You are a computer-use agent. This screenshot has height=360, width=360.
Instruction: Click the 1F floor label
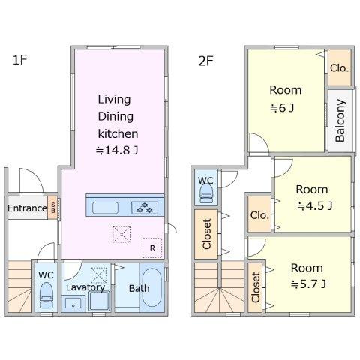(19, 60)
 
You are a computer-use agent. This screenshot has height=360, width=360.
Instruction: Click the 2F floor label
(205, 61)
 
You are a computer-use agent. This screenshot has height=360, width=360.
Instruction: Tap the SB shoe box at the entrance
(52, 208)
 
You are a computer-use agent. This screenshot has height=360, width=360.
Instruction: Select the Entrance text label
(27, 208)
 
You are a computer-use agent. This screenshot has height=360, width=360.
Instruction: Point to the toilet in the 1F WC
(46, 295)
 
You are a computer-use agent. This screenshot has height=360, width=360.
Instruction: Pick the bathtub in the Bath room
(152, 287)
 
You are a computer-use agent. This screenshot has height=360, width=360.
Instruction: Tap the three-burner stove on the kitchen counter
(145, 208)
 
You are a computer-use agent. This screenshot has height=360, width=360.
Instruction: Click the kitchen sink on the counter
(105, 208)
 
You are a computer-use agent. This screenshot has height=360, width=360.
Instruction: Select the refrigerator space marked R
(152, 247)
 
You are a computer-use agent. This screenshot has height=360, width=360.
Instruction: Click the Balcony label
(340, 121)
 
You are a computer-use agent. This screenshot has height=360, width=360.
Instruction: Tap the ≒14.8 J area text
(117, 151)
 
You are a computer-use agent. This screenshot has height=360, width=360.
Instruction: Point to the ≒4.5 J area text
(315, 206)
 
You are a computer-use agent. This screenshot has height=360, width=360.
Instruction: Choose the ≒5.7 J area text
(309, 284)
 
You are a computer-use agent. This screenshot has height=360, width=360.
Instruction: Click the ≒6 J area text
(282, 108)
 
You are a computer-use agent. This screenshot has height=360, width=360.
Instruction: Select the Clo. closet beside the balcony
(340, 67)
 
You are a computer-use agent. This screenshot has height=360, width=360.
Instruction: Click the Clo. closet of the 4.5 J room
(259, 214)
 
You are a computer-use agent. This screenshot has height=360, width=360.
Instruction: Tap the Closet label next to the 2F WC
(207, 234)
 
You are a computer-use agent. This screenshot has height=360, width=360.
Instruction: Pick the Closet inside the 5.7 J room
(256, 287)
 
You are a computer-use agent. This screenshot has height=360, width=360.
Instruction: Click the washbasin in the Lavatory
(73, 304)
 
